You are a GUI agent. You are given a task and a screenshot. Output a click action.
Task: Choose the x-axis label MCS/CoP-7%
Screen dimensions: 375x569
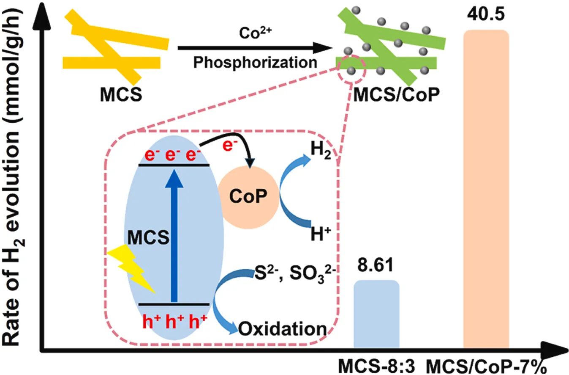point(490,365)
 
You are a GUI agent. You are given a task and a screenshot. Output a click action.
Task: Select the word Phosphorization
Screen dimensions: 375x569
point(255,63)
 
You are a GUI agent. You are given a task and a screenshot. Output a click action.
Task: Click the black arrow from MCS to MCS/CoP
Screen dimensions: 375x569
point(253,48)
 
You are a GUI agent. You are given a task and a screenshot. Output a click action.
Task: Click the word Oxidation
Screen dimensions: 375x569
point(283,329)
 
